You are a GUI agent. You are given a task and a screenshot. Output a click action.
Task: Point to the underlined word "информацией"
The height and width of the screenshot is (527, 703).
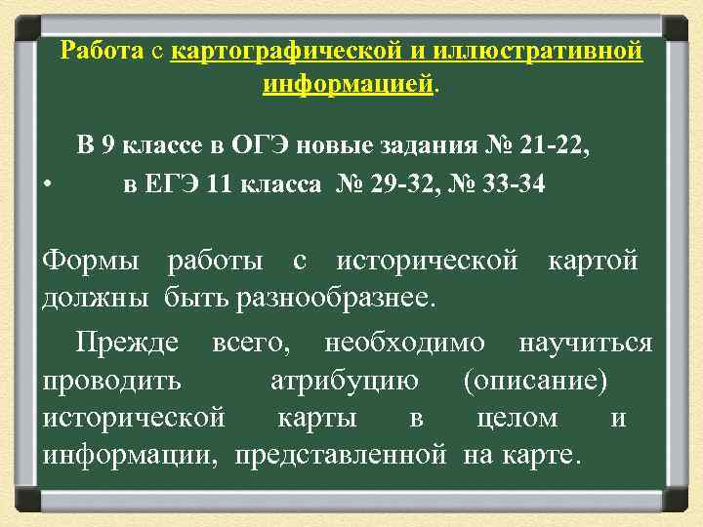pyautogui.click(x=349, y=85)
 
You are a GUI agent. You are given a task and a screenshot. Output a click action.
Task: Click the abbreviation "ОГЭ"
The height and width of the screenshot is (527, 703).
pyautogui.click(x=260, y=147)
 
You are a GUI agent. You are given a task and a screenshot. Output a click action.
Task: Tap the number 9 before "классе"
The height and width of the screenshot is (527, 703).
pyautogui.click(x=109, y=147)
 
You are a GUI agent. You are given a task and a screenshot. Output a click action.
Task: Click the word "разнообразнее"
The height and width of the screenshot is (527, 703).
pyautogui.click(x=332, y=297)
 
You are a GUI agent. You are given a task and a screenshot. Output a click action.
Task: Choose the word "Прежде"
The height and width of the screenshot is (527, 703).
pyautogui.click(x=129, y=344)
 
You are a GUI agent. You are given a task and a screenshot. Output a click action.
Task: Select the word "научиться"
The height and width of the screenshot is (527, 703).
pyautogui.click(x=585, y=344)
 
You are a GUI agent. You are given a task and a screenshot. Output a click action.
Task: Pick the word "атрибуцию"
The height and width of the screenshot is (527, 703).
pyautogui.click(x=344, y=381)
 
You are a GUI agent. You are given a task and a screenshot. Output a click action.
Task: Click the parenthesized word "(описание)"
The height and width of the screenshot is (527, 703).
pyautogui.click(x=536, y=381)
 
